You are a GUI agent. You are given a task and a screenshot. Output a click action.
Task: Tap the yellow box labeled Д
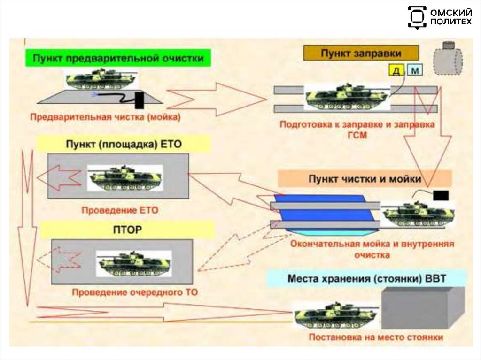396,70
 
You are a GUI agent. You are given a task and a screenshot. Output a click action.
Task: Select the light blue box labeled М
414,70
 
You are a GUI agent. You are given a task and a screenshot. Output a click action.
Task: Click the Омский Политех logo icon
417,17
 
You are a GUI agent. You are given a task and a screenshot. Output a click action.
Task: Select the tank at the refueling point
347,97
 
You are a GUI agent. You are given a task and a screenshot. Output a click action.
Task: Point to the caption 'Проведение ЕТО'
120,211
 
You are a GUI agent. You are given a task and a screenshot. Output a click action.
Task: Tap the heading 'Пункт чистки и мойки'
365,178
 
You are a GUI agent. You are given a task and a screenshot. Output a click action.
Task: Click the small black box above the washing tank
441,195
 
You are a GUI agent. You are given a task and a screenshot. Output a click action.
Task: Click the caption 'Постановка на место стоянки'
376,337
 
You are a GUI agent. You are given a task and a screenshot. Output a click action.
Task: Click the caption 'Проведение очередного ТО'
134,292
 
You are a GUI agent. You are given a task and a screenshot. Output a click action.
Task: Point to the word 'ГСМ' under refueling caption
357,134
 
